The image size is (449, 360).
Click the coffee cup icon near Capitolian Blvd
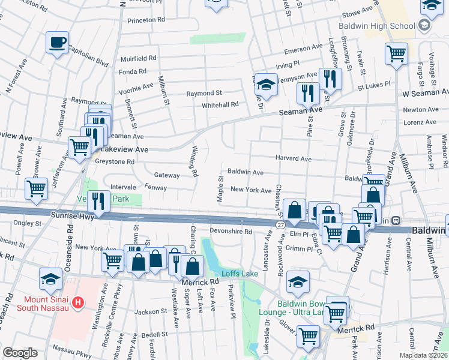58,43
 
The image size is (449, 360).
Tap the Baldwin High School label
376,26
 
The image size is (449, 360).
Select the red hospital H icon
76,303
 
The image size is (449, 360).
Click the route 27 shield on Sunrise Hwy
280,224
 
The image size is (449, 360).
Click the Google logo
20,353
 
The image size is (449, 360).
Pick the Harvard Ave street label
293,159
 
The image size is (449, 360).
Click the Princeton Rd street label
145,20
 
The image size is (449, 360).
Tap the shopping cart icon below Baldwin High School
396,53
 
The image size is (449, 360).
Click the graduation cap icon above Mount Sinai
50,278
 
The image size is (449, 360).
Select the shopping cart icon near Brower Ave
36,188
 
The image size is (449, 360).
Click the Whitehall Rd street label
220,104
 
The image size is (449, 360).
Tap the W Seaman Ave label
425,94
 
